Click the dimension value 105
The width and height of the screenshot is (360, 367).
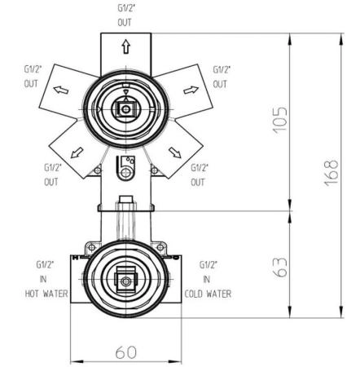click(x=279, y=121)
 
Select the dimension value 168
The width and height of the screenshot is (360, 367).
click(x=330, y=173)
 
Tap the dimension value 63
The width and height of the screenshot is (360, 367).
click(x=279, y=264)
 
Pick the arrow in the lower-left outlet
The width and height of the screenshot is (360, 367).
click(x=79, y=153)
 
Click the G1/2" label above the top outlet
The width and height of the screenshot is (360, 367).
click(x=124, y=8)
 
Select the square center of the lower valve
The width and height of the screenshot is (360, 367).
click(x=124, y=282)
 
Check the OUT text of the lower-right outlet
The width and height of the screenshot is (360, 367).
click(x=200, y=182)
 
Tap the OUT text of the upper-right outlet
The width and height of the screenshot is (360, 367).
click(x=220, y=84)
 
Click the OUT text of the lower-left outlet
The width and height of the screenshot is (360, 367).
click(x=50, y=182)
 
